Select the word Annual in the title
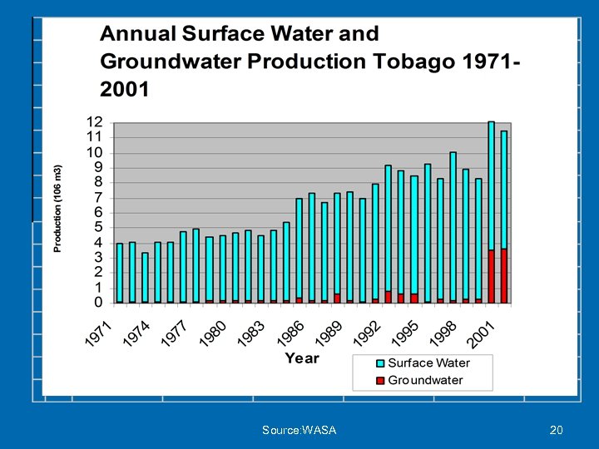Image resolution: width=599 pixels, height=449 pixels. pos(136,34)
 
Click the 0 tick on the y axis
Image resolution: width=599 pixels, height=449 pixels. pos(98,302)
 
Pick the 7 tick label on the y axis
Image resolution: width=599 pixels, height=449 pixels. pos(98,197)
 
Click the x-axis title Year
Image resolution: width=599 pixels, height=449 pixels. pos(302,358)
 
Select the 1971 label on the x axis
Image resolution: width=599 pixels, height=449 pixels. pos(98,335)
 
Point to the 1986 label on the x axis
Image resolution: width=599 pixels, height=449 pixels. pos(290,335)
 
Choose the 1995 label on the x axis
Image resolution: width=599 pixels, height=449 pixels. pos(405,335)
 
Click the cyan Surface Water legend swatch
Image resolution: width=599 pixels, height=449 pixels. pos(380,363)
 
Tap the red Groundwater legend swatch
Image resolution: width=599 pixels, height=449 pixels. pos(380,381)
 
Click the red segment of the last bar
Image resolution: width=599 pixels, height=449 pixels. pos(503,275)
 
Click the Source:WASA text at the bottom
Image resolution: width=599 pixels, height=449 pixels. pos(299,430)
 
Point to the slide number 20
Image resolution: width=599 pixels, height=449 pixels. pos(557,430)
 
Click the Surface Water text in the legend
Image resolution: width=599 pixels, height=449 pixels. pos(428,363)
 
